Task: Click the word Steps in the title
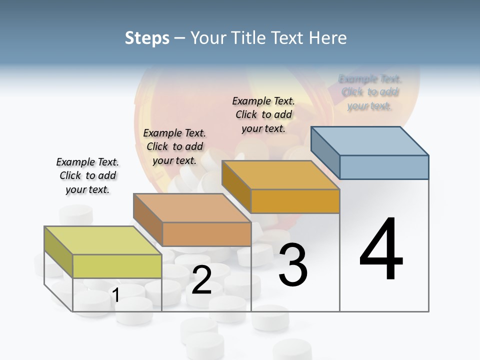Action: coord(146,38)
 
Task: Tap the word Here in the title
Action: coord(328,38)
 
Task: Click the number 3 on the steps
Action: coord(292,265)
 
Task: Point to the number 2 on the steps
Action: coord(201,280)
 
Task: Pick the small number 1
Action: coord(116,295)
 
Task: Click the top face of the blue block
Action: coord(370,141)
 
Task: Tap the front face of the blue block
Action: coord(384,167)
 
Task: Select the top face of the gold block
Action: coord(281,175)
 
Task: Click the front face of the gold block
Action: coord(295,201)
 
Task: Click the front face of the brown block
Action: coord(206,234)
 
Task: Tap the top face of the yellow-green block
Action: coord(103,240)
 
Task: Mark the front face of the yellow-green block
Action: coord(117,266)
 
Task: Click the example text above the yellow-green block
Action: coord(87,175)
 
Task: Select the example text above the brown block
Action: coord(174,146)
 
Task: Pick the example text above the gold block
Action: coord(263,114)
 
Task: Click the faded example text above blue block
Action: coord(370,92)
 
